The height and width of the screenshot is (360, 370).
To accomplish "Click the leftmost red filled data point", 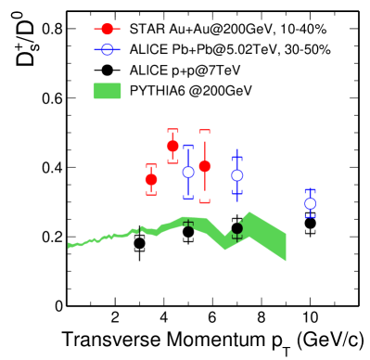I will pos(151,179).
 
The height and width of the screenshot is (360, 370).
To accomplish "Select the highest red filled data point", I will pos(172,146).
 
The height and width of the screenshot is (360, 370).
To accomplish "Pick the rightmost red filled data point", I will pos(205,166).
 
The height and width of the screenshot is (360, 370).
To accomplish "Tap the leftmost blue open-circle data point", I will pos(188,172).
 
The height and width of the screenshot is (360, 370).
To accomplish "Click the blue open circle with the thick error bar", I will pos(237,174).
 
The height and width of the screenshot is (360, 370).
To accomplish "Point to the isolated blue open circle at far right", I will pos(310,203).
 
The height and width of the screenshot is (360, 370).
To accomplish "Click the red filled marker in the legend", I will pos(107,29).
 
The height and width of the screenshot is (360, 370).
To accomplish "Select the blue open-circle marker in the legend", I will pos(107,49).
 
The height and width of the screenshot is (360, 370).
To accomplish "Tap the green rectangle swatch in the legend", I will pos(108,91).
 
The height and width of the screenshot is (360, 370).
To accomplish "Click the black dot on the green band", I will pos(236,227).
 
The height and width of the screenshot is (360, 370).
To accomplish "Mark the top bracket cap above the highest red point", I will pos(172,130).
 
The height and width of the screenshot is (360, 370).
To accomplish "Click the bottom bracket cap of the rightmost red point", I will pos(205,201).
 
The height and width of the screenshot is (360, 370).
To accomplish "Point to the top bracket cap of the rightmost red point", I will pos(205,131).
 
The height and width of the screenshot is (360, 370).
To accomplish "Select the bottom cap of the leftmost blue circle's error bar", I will pos(188,199).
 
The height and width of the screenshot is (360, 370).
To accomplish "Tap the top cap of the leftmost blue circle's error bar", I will pos(188,146).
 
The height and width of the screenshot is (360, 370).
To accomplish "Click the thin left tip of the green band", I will pos(70,246).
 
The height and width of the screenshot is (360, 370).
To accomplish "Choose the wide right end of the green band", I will pos(284,246).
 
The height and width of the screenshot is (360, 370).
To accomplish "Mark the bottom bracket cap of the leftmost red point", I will pos(151,194).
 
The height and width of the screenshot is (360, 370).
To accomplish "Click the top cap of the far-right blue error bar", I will pos(310,190).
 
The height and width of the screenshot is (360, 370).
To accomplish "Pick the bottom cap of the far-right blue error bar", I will pos(310,217).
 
